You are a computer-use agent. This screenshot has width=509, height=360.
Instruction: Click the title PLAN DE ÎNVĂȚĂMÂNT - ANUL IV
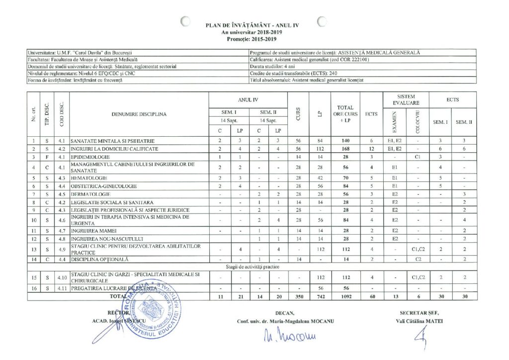tap(253, 24)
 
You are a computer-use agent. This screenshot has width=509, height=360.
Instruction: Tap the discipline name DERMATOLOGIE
tap(89, 194)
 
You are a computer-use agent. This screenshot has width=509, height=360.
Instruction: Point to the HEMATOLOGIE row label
tap(88, 178)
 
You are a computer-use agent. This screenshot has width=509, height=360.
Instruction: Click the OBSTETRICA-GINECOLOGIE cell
tap(100, 186)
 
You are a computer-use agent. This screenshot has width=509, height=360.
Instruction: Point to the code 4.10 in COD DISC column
tap(62, 275)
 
